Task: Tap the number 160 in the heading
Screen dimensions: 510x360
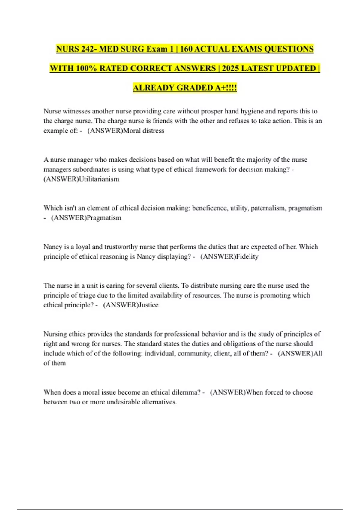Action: click(x=186, y=49)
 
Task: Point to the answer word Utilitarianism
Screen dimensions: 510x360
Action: click(x=99, y=179)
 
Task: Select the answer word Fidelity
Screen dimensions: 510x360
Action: click(x=247, y=256)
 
